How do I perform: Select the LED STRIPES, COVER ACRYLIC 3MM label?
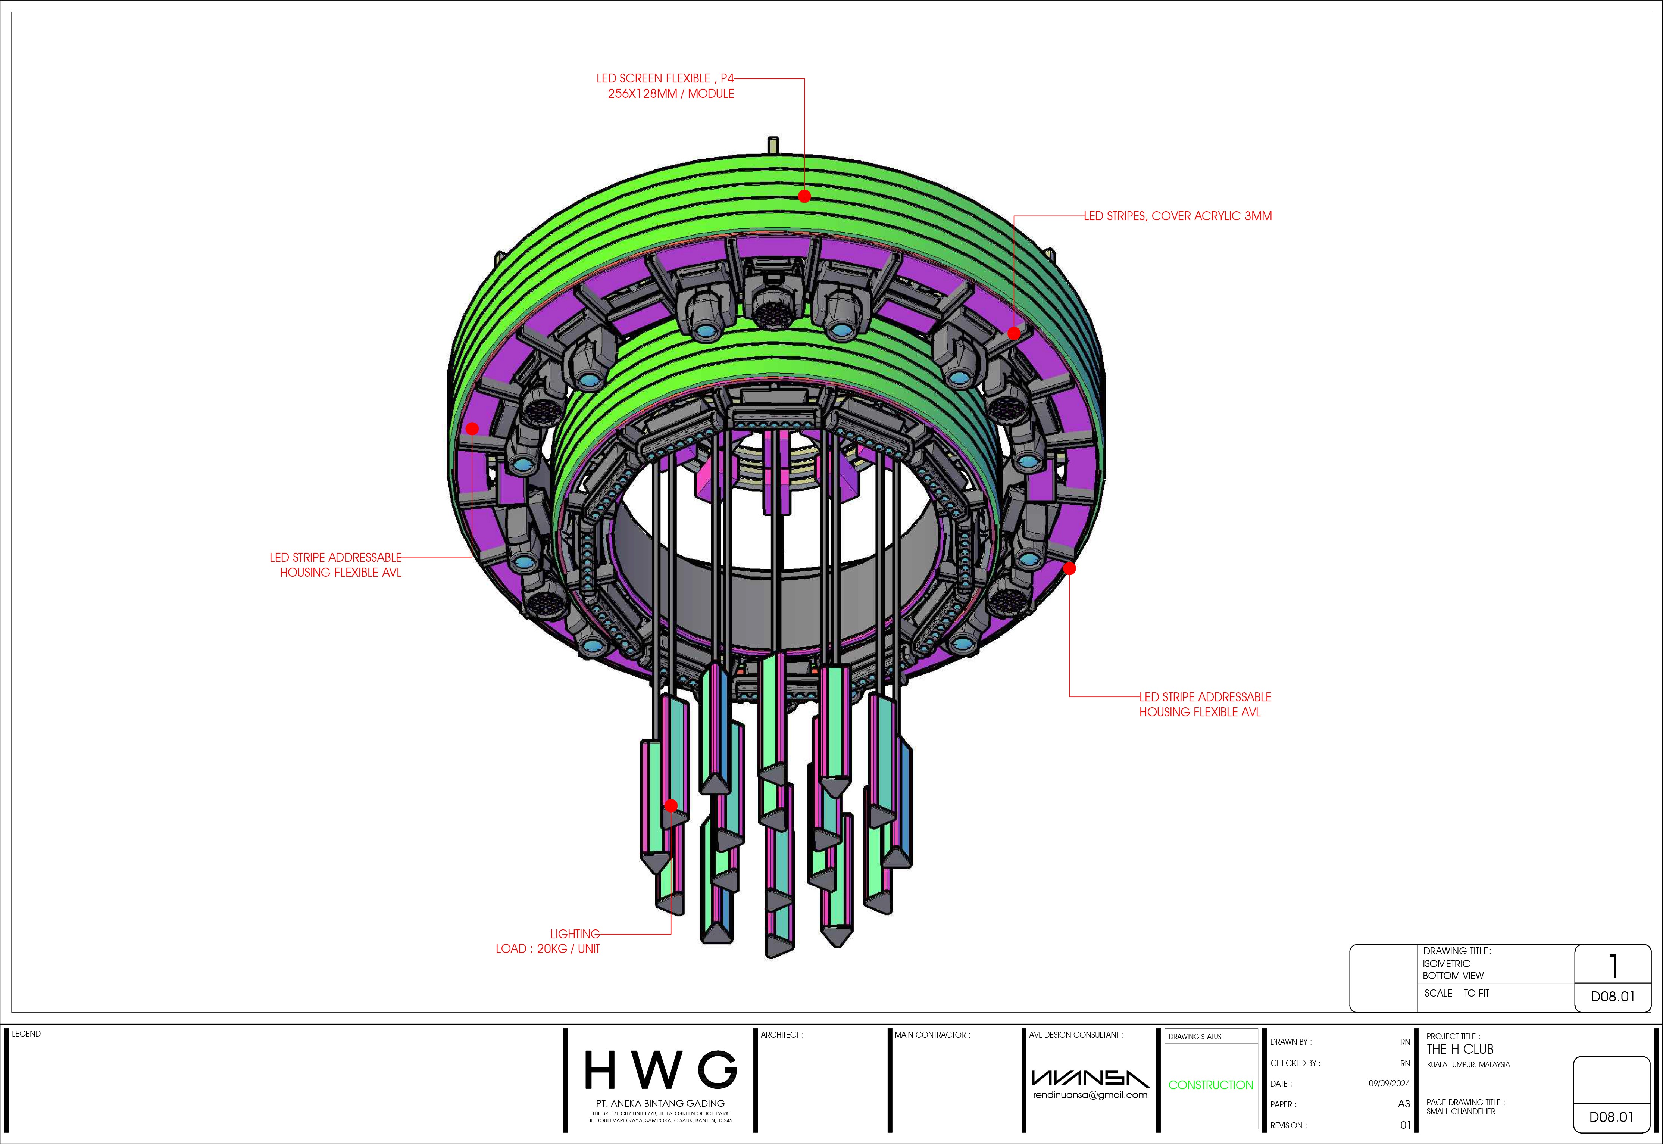pos(1178,216)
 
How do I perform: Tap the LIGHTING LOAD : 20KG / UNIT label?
pos(548,941)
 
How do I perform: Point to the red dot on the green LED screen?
pos(804,196)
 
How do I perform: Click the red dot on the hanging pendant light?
pos(670,806)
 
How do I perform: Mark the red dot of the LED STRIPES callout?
pos(1014,333)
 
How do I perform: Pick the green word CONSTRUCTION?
pos(1211,1085)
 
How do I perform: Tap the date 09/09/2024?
pos(1389,1083)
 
